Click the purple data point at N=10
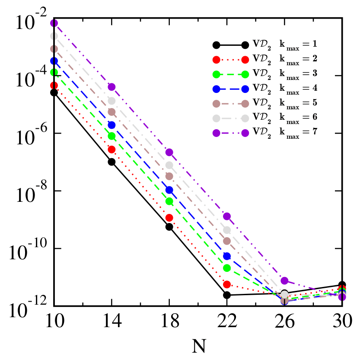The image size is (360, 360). point(54,22)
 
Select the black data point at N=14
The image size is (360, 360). point(112,162)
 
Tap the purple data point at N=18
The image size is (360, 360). point(169,152)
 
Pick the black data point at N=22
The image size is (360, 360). point(227,295)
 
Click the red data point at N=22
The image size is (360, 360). point(227,284)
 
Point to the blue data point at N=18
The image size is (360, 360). point(169,190)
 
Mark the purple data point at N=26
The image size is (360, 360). point(284,281)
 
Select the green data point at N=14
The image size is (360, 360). point(112,136)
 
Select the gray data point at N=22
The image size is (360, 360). point(227,230)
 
